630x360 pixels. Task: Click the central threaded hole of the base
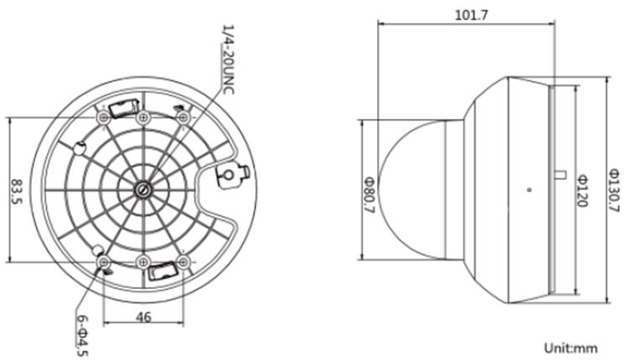point(143,189)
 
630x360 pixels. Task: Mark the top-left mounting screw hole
point(103,117)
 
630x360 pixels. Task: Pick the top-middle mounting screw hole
point(143,117)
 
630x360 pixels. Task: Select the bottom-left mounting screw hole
point(103,263)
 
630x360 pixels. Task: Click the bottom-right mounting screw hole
point(183,263)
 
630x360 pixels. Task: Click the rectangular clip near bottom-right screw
point(163,270)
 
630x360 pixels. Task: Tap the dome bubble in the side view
point(419,189)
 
